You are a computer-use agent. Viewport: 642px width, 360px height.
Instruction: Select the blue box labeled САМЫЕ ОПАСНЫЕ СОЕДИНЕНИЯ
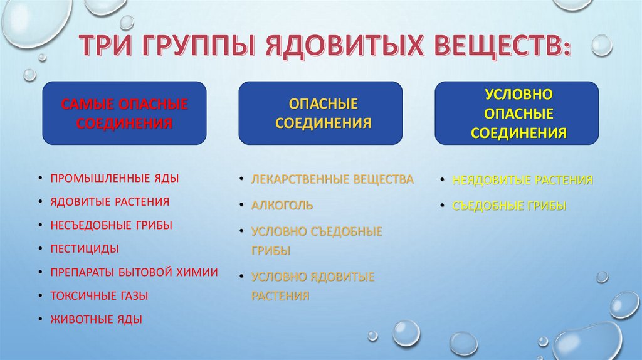124,113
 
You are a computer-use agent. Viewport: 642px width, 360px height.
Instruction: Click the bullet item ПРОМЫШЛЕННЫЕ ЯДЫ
115,178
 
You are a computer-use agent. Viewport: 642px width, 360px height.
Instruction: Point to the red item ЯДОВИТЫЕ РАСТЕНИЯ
110,201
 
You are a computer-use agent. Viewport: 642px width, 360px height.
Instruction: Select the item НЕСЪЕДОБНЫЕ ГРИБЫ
112,225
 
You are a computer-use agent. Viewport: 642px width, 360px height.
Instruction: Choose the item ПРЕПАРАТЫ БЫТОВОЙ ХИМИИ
134,272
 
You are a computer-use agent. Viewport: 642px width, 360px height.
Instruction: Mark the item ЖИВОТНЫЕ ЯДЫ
97,319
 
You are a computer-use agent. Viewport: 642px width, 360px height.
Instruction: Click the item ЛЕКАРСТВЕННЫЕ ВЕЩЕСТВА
332,179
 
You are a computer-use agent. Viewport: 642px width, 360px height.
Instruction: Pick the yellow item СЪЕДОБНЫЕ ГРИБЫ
509,205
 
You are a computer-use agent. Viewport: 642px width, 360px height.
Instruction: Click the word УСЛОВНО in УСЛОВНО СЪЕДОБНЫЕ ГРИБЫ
278,231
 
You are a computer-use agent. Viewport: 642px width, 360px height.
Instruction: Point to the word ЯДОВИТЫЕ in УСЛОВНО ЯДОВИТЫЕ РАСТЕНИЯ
344,277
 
